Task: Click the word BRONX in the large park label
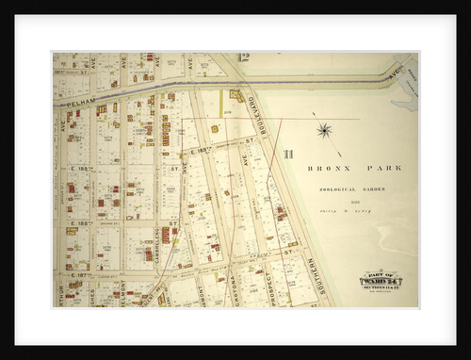[327, 169]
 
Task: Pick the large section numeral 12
[242, 59]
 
